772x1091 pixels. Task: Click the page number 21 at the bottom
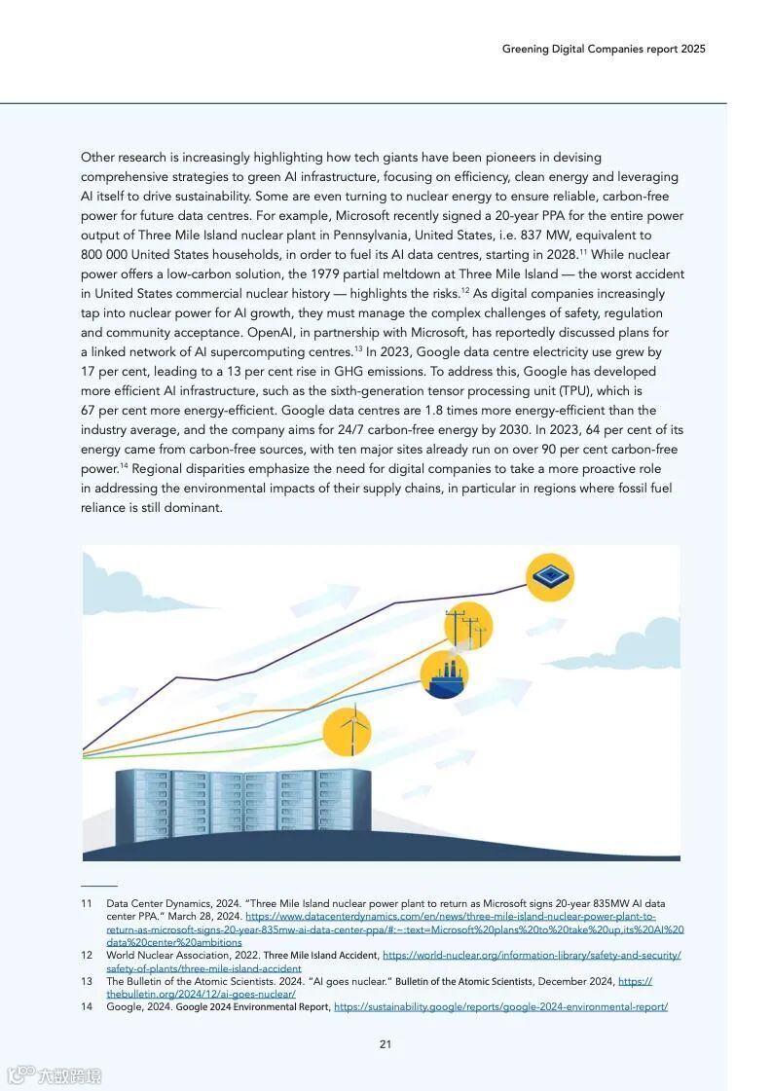point(386,1044)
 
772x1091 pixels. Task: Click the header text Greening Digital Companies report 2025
point(604,49)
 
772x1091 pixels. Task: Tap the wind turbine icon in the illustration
point(347,733)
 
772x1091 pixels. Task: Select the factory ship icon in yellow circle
point(444,674)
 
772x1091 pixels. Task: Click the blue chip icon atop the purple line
point(550,576)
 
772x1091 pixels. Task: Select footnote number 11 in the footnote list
point(87,904)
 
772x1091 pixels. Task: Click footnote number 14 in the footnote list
point(87,1007)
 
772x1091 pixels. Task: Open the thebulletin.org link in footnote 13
point(201,995)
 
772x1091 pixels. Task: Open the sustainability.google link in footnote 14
point(500,1007)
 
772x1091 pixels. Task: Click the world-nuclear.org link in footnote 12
point(532,956)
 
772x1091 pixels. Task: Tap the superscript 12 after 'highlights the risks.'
point(465,291)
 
